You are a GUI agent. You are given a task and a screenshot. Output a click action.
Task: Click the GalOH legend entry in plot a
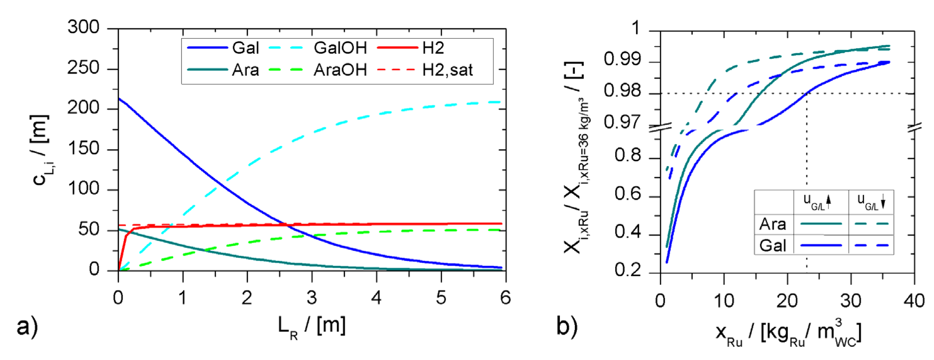[340, 48]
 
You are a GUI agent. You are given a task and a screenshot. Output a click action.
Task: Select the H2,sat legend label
[447, 70]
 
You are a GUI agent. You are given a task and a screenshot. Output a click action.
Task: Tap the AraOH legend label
[340, 70]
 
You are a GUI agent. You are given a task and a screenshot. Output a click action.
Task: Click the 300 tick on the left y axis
[83, 28]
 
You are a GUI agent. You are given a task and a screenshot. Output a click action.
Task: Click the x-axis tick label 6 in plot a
[505, 298]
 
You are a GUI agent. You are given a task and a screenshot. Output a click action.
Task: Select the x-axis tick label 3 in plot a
[312, 298]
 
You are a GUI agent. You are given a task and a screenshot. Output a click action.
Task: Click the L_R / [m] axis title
[312, 326]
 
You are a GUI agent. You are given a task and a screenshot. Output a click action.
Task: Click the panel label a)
[27, 326]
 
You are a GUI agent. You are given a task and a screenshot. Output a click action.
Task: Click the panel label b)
[567, 326]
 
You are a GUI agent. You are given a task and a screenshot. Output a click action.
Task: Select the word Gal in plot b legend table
[773, 245]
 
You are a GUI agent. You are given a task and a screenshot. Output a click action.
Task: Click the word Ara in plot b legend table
[773, 224]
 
